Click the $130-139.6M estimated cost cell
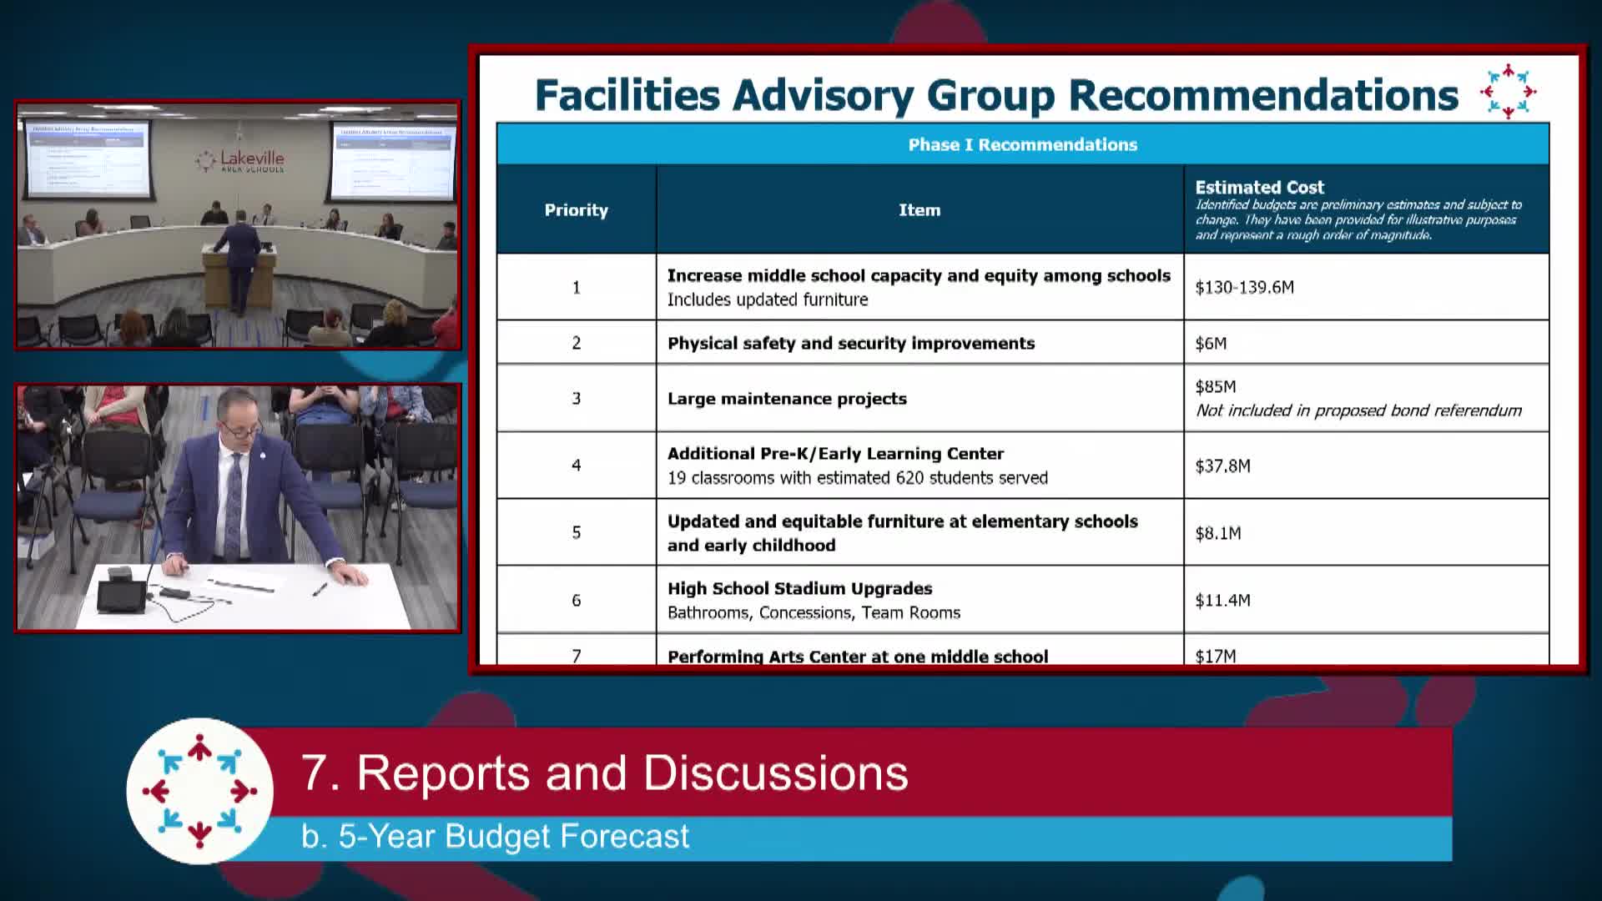(x=1244, y=288)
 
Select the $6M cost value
(x=1211, y=344)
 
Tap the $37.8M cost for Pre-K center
(x=1222, y=466)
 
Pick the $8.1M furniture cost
(x=1218, y=533)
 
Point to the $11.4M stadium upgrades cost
(x=1222, y=601)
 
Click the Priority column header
(x=576, y=210)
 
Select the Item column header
(x=919, y=210)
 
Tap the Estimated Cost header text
(x=1259, y=188)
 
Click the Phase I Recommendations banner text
(x=1022, y=145)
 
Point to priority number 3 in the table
(x=576, y=399)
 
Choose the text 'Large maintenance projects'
(x=787, y=399)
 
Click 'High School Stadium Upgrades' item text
(x=799, y=589)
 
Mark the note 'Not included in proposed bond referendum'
(x=1358, y=410)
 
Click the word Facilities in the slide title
(x=627, y=95)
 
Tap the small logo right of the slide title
(x=1508, y=92)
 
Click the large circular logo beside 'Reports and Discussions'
(x=199, y=790)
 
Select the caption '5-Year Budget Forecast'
(x=496, y=837)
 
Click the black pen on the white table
(x=319, y=589)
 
